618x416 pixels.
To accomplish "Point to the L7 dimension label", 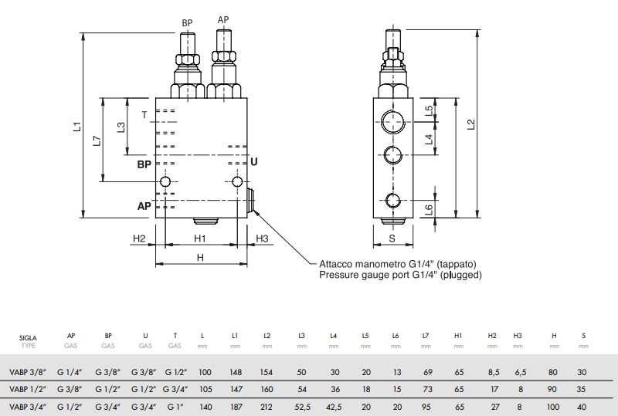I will tap(96, 140).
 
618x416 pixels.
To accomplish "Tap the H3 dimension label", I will tap(261, 238).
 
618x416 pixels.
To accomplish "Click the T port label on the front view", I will tap(144, 115).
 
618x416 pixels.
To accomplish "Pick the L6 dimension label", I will tap(430, 209).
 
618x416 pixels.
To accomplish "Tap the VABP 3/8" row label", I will tap(29, 372).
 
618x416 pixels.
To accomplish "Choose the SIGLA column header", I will tap(29, 337).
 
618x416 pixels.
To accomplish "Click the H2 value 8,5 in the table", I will tap(492, 372).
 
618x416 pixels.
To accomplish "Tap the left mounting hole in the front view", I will tap(165, 182).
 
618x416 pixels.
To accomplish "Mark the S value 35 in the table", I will tap(583, 389).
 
